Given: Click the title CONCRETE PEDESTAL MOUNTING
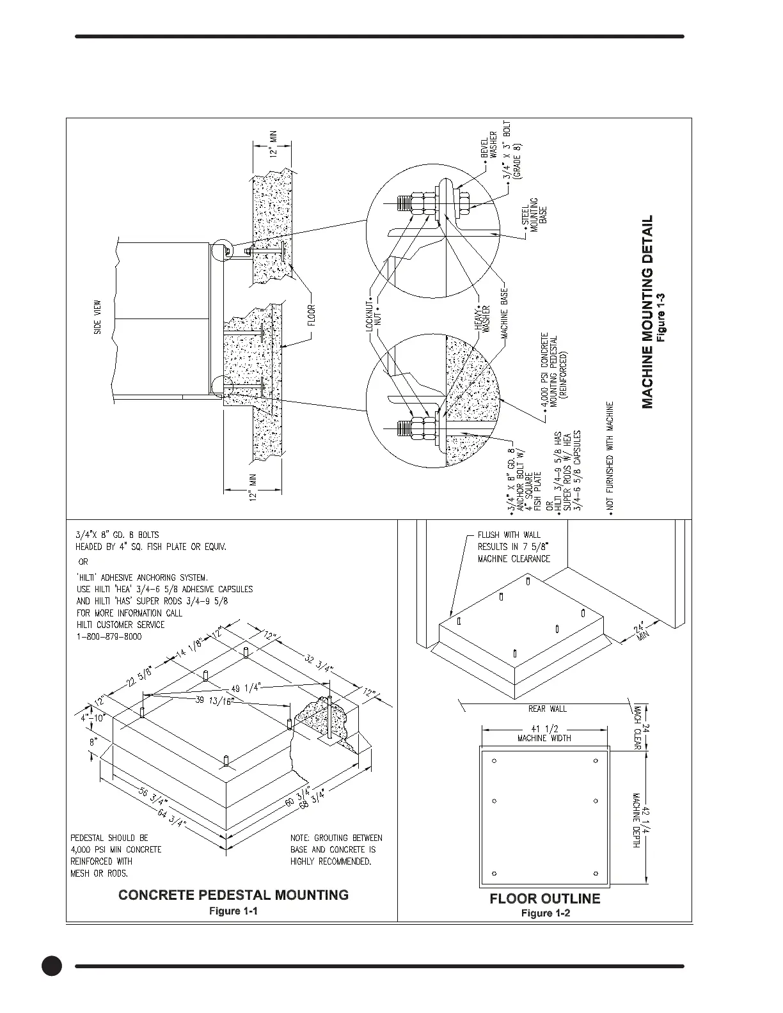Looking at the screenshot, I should click(x=233, y=895).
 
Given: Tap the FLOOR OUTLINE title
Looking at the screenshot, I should click(x=544, y=899).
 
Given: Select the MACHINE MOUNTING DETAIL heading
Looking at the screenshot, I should click(x=647, y=311).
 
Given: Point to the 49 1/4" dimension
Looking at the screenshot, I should click(x=244, y=687).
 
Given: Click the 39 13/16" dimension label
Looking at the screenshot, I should click(x=215, y=700).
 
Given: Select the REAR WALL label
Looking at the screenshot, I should click(x=547, y=709).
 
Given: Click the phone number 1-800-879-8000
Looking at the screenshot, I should click(x=109, y=637).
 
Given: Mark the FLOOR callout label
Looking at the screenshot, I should click(x=312, y=315).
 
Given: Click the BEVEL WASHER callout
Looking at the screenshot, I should click(x=489, y=145).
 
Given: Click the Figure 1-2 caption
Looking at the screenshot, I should click(x=545, y=913).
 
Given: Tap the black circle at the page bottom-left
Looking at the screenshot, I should click(x=52, y=966).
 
